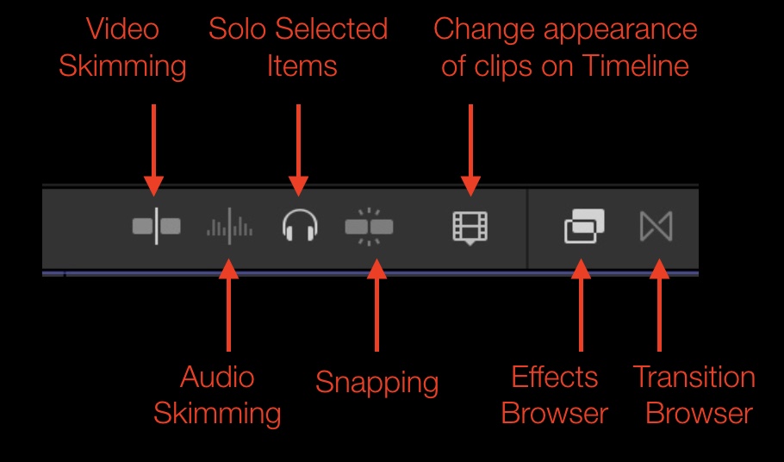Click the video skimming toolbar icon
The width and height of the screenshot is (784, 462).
[x=156, y=227]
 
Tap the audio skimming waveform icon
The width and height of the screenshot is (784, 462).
[x=228, y=228]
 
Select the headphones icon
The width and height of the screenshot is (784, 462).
[x=300, y=227]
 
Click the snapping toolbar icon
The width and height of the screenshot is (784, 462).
[x=369, y=227]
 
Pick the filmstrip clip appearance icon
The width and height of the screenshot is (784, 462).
[x=470, y=227]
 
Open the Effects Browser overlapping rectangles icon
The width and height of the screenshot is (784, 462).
[x=583, y=227]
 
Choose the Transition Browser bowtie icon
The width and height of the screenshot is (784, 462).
[x=656, y=227]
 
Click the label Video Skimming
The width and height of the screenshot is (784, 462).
[x=122, y=47]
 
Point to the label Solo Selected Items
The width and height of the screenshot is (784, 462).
[x=298, y=47]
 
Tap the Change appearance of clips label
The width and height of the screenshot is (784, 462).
[x=565, y=47]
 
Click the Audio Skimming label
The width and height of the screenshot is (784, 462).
[x=217, y=395]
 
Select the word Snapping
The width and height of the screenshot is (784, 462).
[x=376, y=382]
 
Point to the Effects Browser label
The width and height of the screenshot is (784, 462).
[x=555, y=395]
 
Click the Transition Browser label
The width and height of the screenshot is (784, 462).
[x=694, y=395]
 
